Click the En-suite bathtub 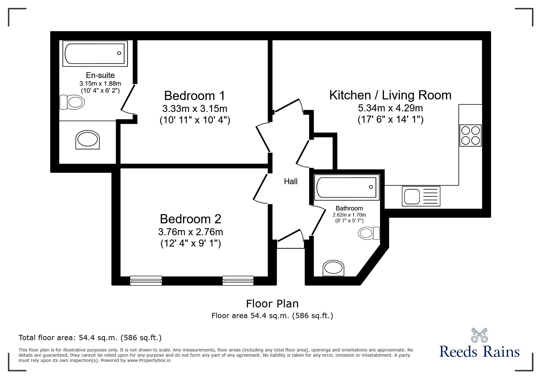95,54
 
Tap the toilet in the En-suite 72,102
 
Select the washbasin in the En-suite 88,140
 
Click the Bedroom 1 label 194,96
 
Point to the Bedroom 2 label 190,219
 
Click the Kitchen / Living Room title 390,95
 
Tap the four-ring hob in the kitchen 470,136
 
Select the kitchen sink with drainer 422,196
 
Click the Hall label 291,182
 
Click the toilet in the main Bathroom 369,233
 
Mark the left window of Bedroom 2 146,281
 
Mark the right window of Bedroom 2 238,281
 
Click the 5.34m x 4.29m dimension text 390,108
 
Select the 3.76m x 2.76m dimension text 190,232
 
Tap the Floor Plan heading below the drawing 272,304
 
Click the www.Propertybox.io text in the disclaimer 149,360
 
